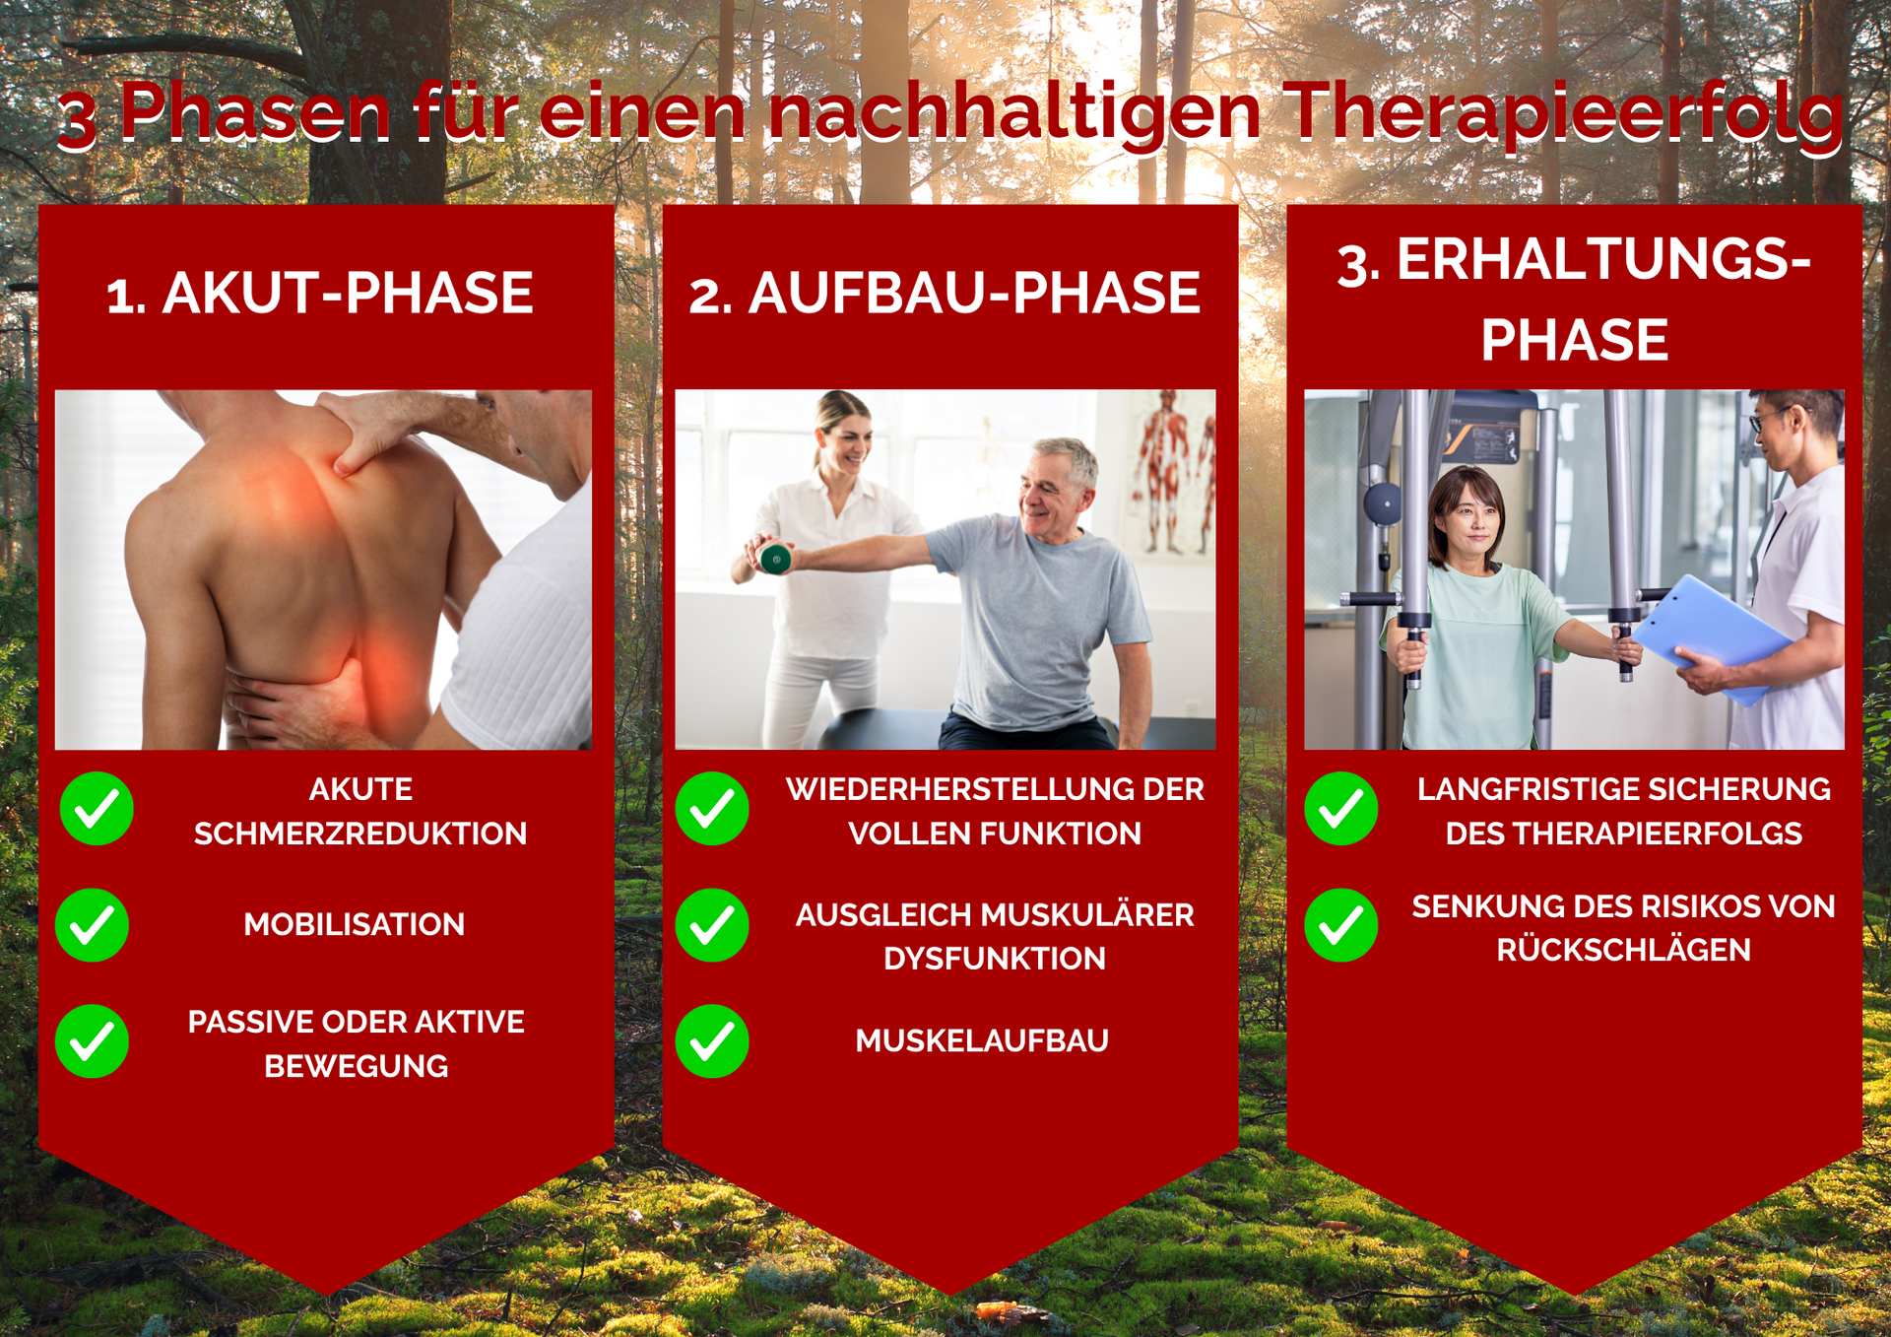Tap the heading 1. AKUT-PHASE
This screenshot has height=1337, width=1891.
tap(319, 293)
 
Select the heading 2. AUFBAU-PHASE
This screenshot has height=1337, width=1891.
tap(945, 293)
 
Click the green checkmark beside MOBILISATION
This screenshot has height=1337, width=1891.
tap(92, 925)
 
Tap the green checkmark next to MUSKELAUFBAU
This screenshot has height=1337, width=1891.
tap(712, 1041)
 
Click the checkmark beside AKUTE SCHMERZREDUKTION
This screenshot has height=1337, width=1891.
tap(97, 809)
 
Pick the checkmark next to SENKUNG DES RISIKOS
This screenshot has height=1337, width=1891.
tap(1340, 925)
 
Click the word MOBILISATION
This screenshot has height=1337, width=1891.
tap(355, 924)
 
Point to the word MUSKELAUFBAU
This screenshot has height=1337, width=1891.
tap(982, 1040)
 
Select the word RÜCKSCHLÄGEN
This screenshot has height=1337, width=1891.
tap(1624, 949)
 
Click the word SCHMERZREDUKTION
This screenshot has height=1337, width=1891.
tap(360, 834)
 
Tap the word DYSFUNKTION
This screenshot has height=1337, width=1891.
tap(995, 958)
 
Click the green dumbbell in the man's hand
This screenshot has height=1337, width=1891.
tap(775, 559)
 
